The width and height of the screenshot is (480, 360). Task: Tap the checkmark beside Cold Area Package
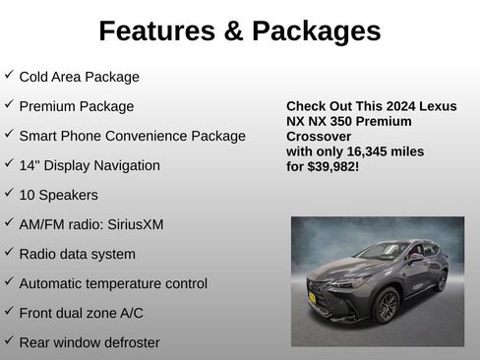9,75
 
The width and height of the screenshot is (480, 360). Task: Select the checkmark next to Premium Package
9,104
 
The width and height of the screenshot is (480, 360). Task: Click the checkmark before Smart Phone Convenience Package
9,134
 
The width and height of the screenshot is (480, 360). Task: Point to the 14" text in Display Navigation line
30,165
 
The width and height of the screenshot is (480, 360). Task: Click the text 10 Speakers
59,195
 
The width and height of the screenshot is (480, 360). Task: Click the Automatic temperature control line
113,283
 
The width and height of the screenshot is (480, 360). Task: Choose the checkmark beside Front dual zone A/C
9,311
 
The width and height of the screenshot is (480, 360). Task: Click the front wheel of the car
387,306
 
